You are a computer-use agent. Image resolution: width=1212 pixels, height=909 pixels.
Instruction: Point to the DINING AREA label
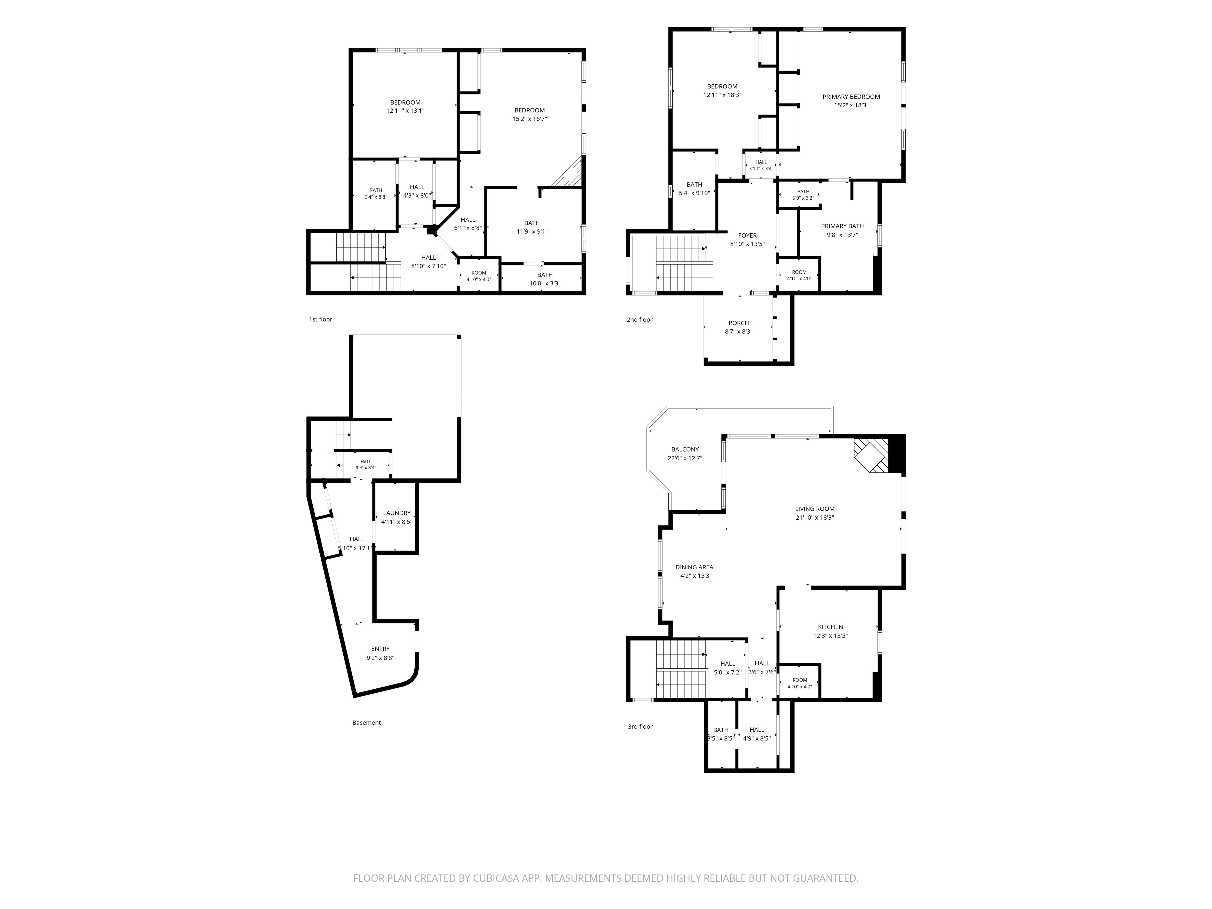[x=694, y=568]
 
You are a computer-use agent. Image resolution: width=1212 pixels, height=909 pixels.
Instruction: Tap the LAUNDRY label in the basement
[x=397, y=513]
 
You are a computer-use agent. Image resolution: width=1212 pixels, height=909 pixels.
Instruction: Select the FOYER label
[x=748, y=236]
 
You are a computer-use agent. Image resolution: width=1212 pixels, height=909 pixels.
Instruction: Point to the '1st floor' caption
[x=321, y=319]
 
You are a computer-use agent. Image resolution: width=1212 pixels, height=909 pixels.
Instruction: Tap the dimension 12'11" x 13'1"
[x=405, y=111]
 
